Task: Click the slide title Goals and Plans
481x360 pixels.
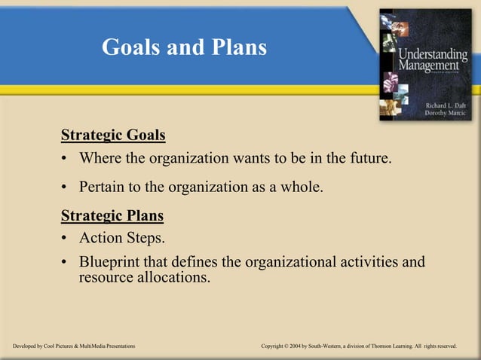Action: (x=184, y=47)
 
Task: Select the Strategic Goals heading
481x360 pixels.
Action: (x=113, y=136)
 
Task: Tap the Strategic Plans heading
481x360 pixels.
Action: (x=112, y=216)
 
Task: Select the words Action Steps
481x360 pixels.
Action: (x=121, y=239)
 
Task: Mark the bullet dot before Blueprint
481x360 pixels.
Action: (x=66, y=263)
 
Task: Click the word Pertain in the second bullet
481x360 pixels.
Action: (x=103, y=187)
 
